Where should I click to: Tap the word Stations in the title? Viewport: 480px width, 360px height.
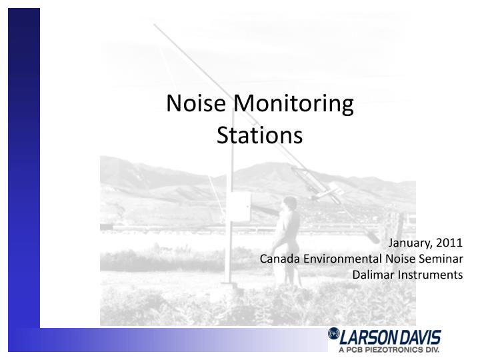(260, 135)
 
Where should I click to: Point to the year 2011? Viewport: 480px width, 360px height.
(449, 245)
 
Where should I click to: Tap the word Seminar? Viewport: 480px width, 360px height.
(441, 260)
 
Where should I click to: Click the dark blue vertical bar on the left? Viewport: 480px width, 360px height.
(23, 167)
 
